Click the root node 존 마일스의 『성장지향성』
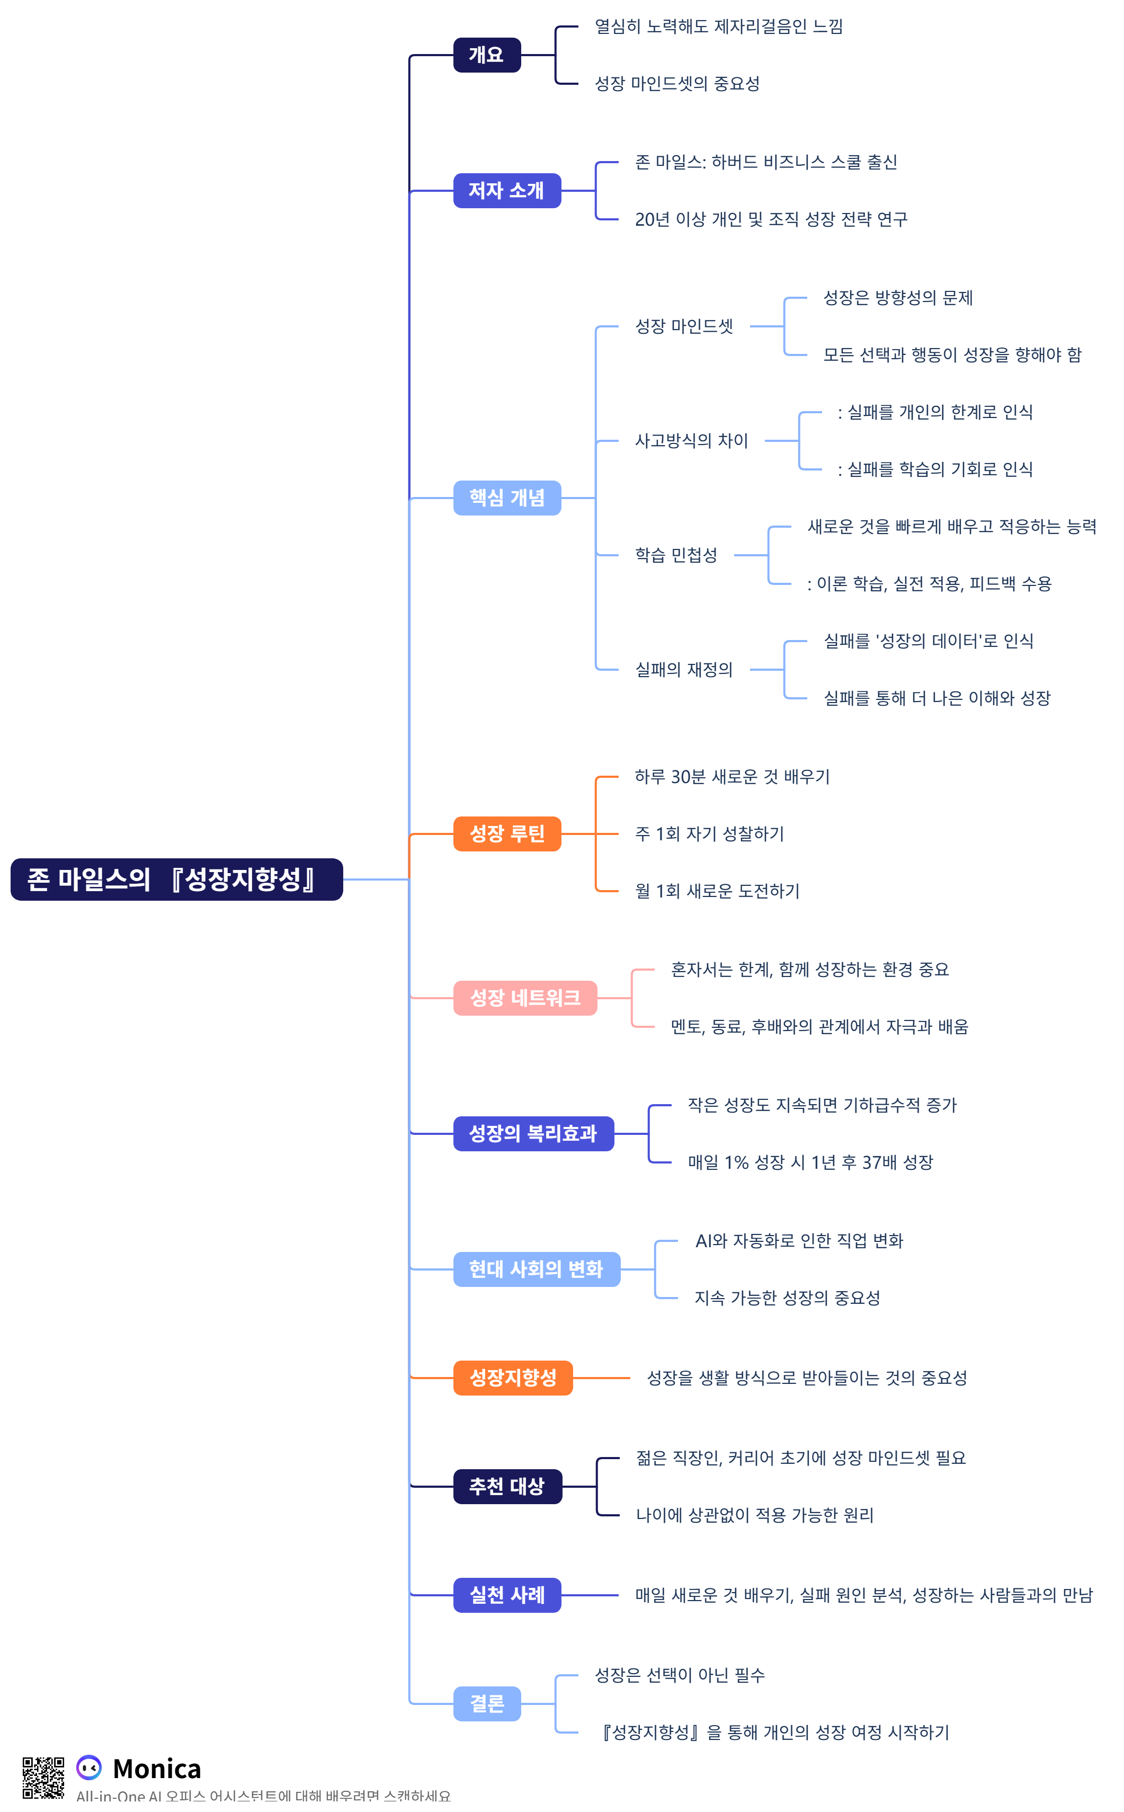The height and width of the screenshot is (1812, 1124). click(x=176, y=879)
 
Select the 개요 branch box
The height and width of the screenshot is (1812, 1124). click(x=486, y=55)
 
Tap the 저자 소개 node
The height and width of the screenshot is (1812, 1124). click(x=506, y=190)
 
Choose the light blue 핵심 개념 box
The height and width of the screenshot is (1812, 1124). click(x=506, y=498)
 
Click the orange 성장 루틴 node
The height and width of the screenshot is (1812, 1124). click(x=506, y=833)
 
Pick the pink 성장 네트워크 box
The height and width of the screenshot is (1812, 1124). click(x=525, y=998)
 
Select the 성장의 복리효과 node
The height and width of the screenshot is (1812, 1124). click(x=533, y=1133)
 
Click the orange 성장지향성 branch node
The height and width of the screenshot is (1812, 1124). click(x=512, y=1378)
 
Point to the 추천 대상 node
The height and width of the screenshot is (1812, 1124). click(x=507, y=1486)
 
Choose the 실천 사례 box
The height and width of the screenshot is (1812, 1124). click(x=506, y=1595)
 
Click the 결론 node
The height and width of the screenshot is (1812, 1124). click(x=486, y=1703)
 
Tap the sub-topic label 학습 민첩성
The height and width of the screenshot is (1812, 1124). click(x=676, y=555)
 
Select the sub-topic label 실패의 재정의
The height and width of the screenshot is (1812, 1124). click(x=683, y=669)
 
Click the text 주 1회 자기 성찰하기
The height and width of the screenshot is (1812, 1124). click(x=709, y=833)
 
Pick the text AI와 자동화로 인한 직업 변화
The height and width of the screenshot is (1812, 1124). click(x=798, y=1240)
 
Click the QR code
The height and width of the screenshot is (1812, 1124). click(x=43, y=1778)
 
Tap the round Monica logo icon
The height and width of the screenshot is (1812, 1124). click(x=89, y=1767)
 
